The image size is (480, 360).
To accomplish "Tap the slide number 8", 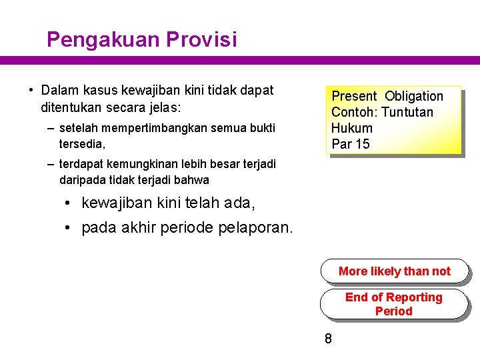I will point(328,339).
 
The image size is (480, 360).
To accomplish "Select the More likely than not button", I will point(394,271).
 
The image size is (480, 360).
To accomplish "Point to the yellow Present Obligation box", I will point(393,120).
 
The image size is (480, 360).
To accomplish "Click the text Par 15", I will point(350,144).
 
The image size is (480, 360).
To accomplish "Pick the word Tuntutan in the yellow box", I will point(407,112).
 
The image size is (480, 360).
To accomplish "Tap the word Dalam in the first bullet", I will point(59,90).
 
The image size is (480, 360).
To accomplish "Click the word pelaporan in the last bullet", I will point(255,228).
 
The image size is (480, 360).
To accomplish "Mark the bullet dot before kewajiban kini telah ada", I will point(68,202).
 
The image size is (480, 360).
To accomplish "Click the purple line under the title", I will point(240,60).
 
